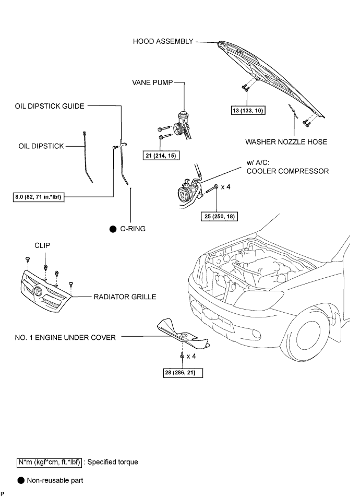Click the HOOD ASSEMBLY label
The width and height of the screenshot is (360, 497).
coord(163,41)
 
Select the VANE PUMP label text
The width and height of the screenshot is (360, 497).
coord(151,82)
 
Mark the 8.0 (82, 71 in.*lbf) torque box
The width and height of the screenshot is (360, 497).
coord(40,197)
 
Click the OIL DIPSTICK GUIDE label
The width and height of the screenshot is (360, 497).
coord(50,106)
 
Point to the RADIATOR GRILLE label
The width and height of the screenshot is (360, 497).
coord(125,297)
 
